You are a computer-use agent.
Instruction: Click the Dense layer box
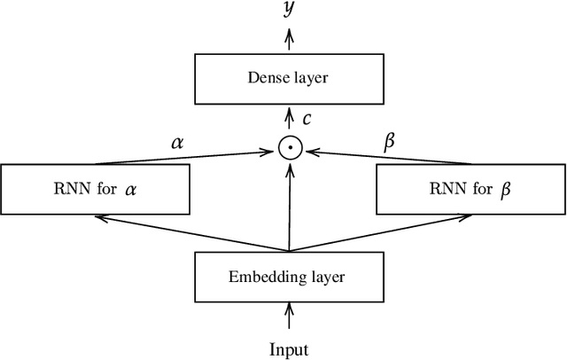coord(286,78)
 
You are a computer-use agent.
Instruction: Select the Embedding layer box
coord(286,276)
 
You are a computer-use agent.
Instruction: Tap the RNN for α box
coord(95,189)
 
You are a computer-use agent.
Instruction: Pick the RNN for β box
coord(470,189)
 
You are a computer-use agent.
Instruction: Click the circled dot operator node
coord(287,149)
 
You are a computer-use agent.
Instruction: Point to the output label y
coord(287,9)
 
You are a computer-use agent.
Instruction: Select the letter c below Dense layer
coord(306,118)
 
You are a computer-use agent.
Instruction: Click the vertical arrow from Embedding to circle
coord(287,204)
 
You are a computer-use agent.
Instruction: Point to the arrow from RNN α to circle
coord(186,158)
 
